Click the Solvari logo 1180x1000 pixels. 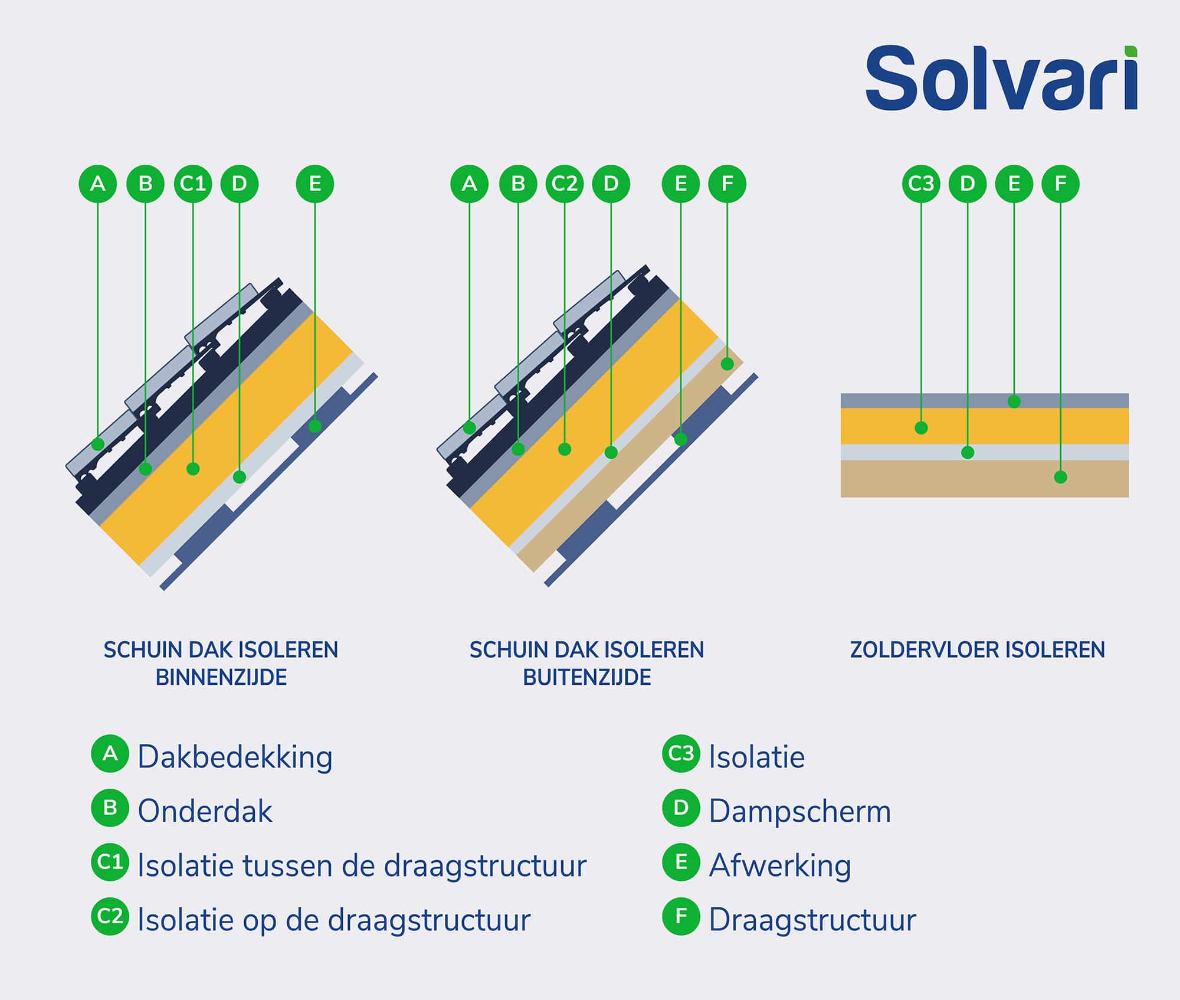point(1001,79)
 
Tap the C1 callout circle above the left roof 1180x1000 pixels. point(193,184)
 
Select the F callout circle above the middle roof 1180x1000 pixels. point(727,184)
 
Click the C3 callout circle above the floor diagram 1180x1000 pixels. point(921,184)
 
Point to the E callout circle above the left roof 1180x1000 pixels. point(314,184)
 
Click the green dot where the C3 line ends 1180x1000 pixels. point(921,428)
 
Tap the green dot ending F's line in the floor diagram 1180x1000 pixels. point(1060,477)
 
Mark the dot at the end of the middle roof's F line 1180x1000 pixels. point(727,364)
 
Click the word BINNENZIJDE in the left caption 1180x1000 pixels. point(221,677)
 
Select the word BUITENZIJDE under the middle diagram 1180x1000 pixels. point(586,677)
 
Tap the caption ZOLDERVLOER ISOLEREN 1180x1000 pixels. point(977,650)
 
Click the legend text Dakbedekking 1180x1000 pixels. point(235,757)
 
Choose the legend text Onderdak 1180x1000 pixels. point(205,812)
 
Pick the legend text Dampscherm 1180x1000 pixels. point(799,812)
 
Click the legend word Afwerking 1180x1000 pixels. point(780,866)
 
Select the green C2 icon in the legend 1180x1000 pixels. point(110,916)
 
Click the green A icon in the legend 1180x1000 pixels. point(110,754)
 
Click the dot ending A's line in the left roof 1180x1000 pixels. point(98,444)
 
